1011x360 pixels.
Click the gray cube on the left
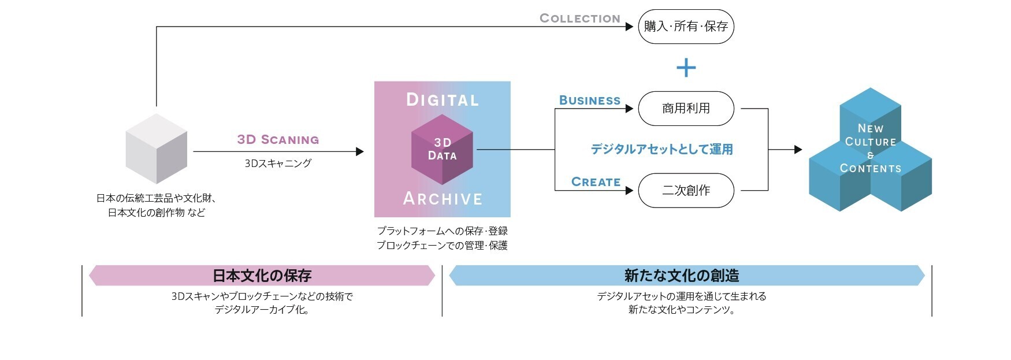pos(157,149)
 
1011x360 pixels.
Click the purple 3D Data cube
pos(442,150)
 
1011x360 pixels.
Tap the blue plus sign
pos(686,68)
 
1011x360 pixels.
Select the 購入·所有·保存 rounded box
pos(686,27)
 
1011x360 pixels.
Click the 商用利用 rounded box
pos(686,109)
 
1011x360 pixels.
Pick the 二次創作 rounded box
pos(686,191)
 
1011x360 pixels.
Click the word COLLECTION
pos(579,18)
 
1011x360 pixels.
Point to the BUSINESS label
pos(589,101)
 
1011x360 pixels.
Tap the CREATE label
pos(596,182)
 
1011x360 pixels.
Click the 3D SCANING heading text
pos(278,140)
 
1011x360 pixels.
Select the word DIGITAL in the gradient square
pos(443,100)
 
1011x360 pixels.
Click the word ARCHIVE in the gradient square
pos(443,199)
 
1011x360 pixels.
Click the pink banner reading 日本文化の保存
pos(262,276)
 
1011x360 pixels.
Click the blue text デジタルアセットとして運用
pos(661,149)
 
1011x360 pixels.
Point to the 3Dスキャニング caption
pos(278,164)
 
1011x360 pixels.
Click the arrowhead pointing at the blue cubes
pos(798,150)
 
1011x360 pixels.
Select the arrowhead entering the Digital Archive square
pos(360,151)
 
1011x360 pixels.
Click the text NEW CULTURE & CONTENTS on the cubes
pos(870,149)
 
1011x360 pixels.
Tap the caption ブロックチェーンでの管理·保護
pos(442,246)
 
